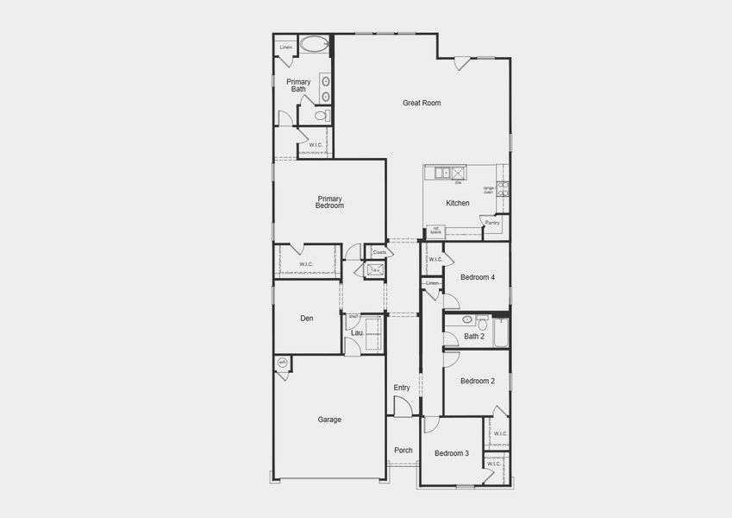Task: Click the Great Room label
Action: click(422, 103)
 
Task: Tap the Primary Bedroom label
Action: click(330, 203)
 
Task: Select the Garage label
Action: click(329, 420)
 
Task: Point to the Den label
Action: click(307, 319)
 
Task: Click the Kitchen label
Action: click(458, 204)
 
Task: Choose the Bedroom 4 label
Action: click(478, 277)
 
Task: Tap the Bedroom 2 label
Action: click(478, 381)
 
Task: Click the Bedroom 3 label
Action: click(452, 453)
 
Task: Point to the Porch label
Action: click(404, 451)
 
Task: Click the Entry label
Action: click(402, 388)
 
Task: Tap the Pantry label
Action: click(492, 223)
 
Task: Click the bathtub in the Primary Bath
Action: click(316, 45)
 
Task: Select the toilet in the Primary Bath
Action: click(321, 115)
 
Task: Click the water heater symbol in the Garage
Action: click(282, 363)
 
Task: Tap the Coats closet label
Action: click(379, 252)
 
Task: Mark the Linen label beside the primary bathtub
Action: click(285, 47)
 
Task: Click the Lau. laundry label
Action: click(357, 332)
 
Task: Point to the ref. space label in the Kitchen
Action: click(435, 231)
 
